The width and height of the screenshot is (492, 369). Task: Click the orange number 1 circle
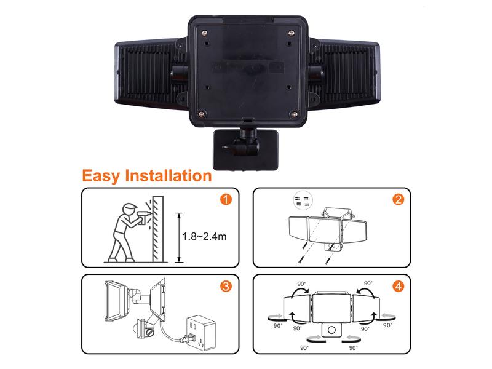pyautogui.click(x=226, y=199)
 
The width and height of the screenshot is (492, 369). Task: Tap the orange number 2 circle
pyautogui.click(x=399, y=199)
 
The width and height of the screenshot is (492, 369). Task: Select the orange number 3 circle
pyautogui.click(x=226, y=286)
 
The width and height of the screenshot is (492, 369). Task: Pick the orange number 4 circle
pyautogui.click(x=399, y=286)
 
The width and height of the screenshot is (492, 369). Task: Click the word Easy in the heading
pyautogui.click(x=100, y=176)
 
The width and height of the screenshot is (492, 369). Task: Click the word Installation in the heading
pyautogui.click(x=169, y=175)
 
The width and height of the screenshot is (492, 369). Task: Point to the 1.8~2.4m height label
pyautogui.click(x=204, y=237)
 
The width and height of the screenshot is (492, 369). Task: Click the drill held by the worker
pyautogui.click(x=143, y=216)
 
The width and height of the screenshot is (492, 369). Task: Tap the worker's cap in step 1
pyautogui.click(x=129, y=207)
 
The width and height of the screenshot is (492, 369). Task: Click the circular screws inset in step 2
pyautogui.click(x=303, y=200)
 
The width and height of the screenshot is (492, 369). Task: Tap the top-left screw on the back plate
pyautogui.click(x=205, y=32)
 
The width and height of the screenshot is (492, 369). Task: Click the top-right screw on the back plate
pyautogui.click(x=292, y=33)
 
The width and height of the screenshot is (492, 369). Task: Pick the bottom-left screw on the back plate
pyautogui.click(x=202, y=114)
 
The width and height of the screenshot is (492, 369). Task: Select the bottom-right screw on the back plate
pyautogui.click(x=295, y=114)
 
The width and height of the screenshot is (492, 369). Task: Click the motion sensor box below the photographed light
pyautogui.click(x=245, y=150)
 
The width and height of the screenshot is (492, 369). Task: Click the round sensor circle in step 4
pyautogui.click(x=331, y=330)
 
